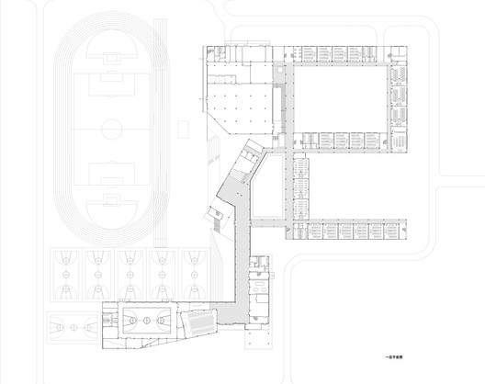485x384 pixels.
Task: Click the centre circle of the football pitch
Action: (x=110, y=123)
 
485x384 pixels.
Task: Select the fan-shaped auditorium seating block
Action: (x=198, y=322)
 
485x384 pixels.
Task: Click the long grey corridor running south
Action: (x=243, y=266)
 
